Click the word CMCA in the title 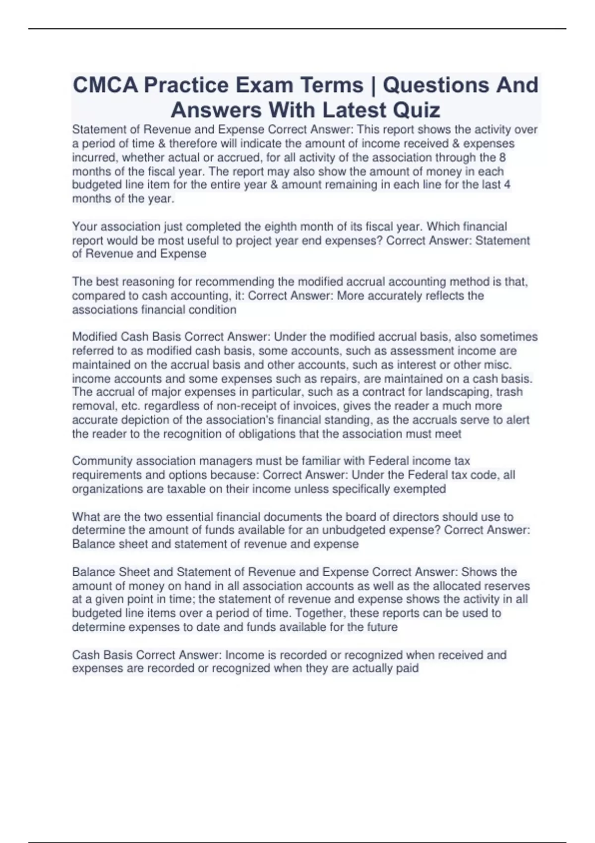(x=105, y=85)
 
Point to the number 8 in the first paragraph (x=502, y=158)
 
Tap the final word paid (x=407, y=668)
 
